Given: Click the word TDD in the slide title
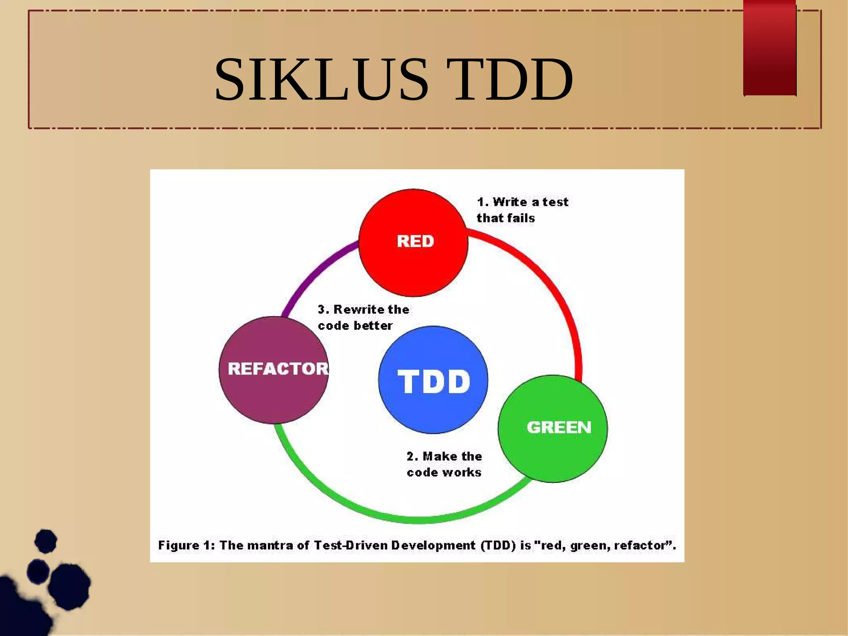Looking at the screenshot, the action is pyautogui.click(x=513, y=80).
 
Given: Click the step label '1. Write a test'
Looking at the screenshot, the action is pyautogui.click(x=523, y=202).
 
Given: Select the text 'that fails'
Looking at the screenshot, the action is pyautogui.click(x=506, y=218).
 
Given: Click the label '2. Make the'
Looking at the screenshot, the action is pyautogui.click(x=444, y=456).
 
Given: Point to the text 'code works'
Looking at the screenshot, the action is pyautogui.click(x=444, y=472).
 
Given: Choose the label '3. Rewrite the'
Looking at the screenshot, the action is pyautogui.click(x=364, y=310).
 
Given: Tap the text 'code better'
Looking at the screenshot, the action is pyautogui.click(x=355, y=326).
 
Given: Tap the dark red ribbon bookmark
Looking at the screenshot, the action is pyautogui.click(x=770, y=48).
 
